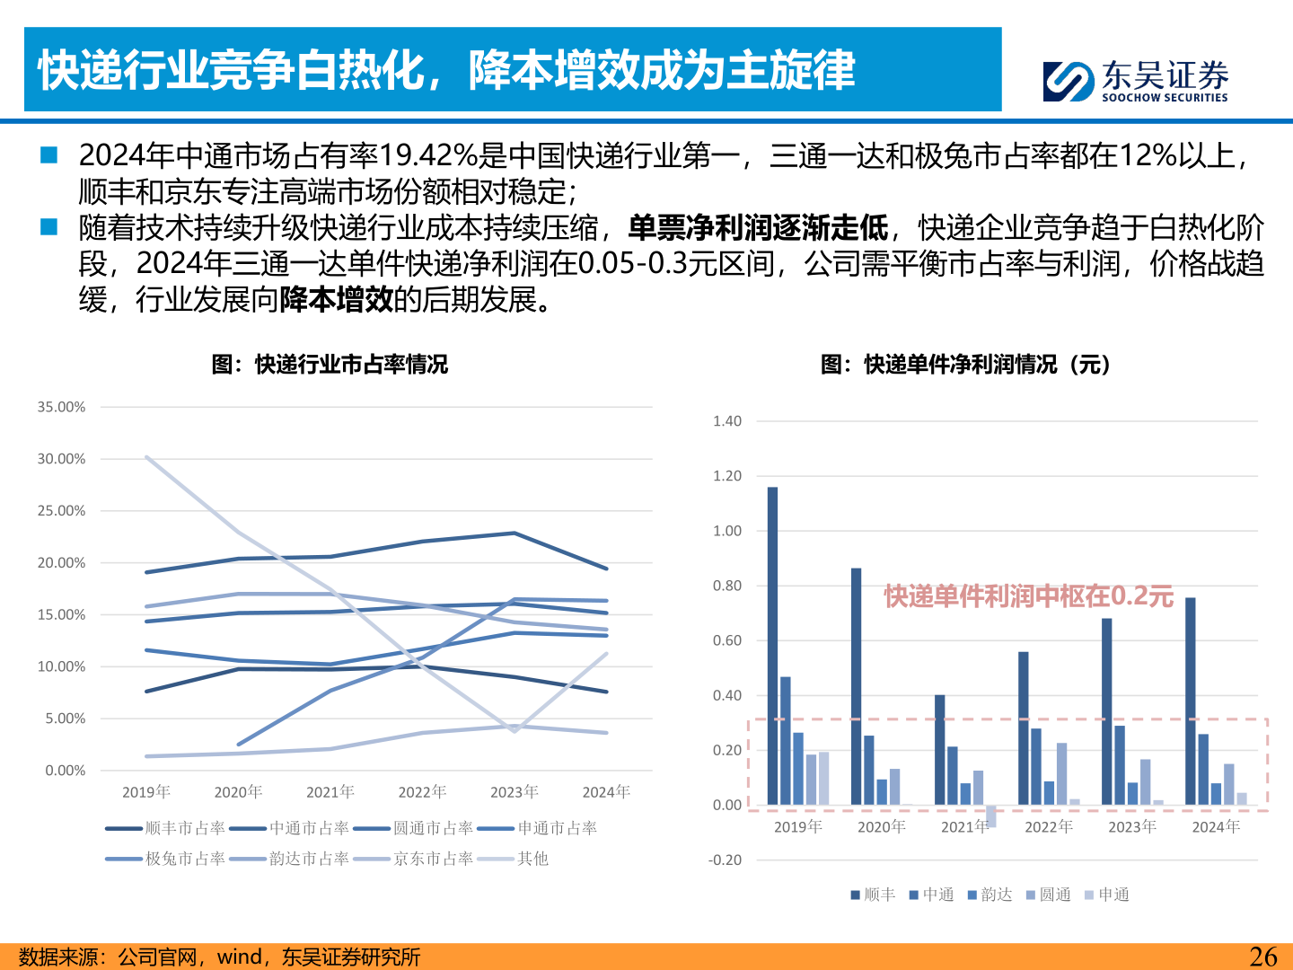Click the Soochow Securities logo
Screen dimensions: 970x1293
pyautogui.click(x=1135, y=81)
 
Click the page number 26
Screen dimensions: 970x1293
pyautogui.click(x=1263, y=957)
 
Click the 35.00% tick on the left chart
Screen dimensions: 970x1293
pyautogui.click(x=61, y=407)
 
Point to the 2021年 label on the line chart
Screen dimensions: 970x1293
pyautogui.click(x=330, y=791)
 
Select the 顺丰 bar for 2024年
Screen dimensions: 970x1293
pyautogui.click(x=1190, y=701)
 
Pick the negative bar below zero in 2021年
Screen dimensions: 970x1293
pyautogui.click(x=991, y=816)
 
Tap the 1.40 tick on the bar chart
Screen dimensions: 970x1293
pyautogui.click(x=726, y=421)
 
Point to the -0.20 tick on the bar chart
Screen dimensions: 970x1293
pyautogui.click(x=725, y=860)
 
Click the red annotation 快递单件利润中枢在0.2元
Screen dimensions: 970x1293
pyautogui.click(x=1028, y=596)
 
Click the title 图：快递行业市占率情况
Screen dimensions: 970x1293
pyautogui.click(x=330, y=365)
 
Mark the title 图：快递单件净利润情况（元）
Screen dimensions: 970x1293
pyautogui.click(x=966, y=365)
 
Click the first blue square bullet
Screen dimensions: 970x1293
pyautogui.click(x=48, y=155)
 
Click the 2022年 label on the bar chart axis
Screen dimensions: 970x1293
pyautogui.click(x=1048, y=826)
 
